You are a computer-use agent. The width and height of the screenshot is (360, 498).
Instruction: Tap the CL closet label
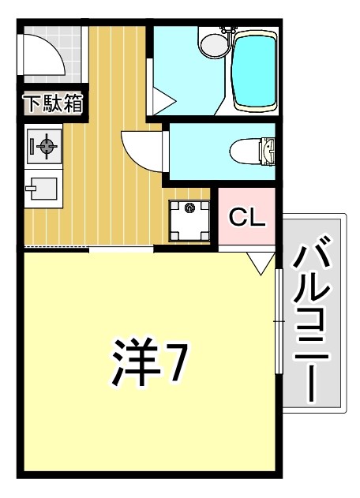click(246, 216)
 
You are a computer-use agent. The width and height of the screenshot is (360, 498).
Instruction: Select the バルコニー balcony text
click(313, 324)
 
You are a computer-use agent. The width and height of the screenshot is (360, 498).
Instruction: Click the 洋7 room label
click(148, 364)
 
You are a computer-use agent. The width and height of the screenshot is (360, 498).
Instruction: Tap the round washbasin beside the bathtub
click(213, 44)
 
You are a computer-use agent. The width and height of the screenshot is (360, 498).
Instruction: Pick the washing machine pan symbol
click(189, 219)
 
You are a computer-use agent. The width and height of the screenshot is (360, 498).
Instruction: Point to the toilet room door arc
click(142, 150)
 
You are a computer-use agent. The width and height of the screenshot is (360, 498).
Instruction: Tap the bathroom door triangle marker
click(162, 101)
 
